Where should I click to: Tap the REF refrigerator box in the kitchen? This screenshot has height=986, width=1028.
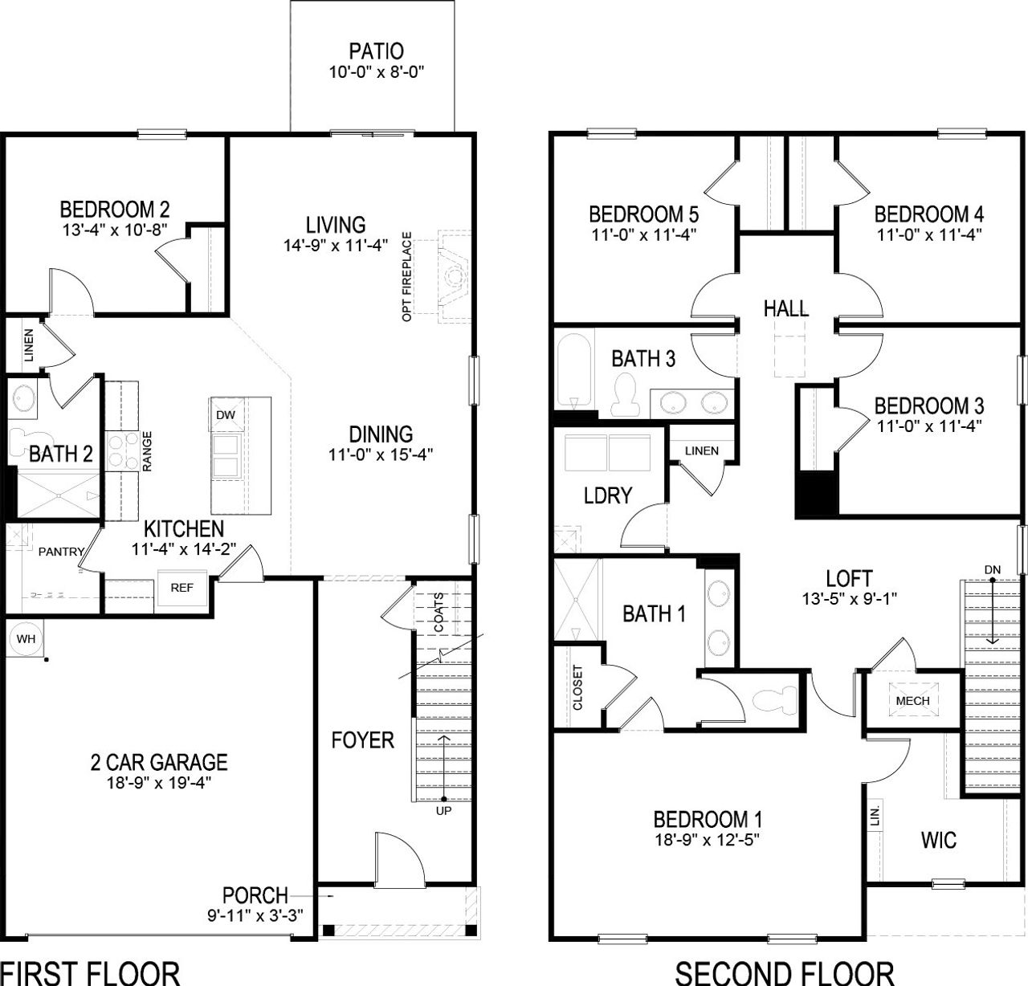pyautogui.click(x=182, y=588)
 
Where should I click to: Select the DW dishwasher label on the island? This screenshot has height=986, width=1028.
pyautogui.click(x=226, y=415)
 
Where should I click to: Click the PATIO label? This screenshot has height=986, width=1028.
pyautogui.click(x=376, y=52)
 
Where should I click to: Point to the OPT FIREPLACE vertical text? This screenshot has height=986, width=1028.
pyautogui.click(x=407, y=277)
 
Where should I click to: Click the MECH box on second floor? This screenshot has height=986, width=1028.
pyautogui.click(x=912, y=700)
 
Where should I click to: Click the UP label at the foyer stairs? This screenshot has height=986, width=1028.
pyautogui.click(x=443, y=810)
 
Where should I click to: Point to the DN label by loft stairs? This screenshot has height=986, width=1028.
pyautogui.click(x=993, y=569)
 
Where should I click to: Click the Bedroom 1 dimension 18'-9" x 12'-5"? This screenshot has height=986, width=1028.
pyautogui.click(x=707, y=840)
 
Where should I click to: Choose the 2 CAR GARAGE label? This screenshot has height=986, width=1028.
pyautogui.click(x=158, y=761)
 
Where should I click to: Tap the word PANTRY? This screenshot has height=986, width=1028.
pyautogui.click(x=61, y=552)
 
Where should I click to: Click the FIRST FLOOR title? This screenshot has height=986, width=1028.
pyautogui.click(x=90, y=972)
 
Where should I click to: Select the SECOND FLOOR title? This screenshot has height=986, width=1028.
pyautogui.click(x=784, y=972)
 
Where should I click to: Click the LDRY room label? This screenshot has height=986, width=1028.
pyautogui.click(x=608, y=495)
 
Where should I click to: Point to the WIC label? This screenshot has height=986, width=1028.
pyautogui.click(x=938, y=840)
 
